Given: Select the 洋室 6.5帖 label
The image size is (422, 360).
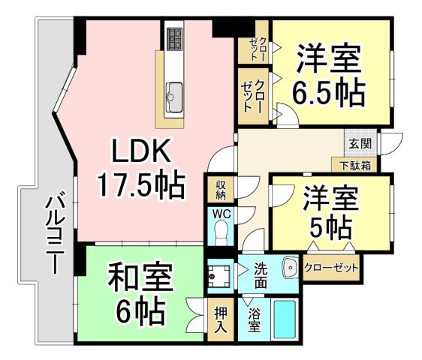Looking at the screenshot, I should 330,76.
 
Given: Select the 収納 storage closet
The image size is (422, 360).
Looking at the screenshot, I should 221,190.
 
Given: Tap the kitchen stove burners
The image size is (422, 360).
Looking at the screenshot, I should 174,38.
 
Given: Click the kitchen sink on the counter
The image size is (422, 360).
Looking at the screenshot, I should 172,95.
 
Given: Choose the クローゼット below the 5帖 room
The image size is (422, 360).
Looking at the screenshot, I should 331,267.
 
